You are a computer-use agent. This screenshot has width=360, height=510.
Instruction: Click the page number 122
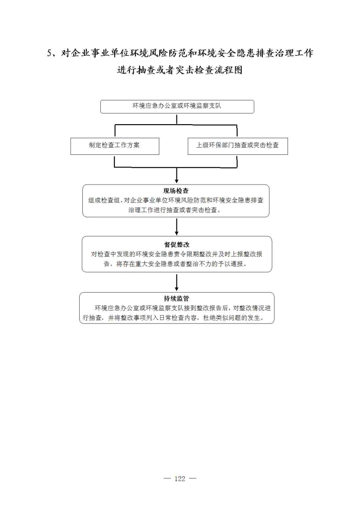click(x=180, y=478)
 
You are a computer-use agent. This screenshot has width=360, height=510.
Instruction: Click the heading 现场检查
click(x=176, y=191)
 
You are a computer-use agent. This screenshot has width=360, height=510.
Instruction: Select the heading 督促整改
click(x=176, y=244)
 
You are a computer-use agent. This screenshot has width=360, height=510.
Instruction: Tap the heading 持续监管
click(x=176, y=298)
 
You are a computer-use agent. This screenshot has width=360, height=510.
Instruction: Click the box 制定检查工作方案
click(x=115, y=146)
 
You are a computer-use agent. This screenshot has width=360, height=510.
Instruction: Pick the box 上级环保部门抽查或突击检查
click(x=238, y=146)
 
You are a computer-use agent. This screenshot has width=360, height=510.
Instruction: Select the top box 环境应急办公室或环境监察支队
click(x=177, y=107)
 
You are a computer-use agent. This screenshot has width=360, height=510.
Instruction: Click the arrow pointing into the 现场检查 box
click(x=176, y=176)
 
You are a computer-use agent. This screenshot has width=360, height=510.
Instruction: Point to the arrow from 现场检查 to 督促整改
click(x=176, y=227)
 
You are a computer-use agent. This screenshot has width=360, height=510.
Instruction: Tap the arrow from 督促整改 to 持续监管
click(x=176, y=283)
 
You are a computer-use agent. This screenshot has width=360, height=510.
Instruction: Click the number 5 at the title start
click(x=49, y=54)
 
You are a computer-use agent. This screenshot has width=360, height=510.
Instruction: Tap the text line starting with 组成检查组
click(x=176, y=200)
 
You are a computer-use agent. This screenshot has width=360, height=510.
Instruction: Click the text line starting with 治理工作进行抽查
click(x=175, y=210)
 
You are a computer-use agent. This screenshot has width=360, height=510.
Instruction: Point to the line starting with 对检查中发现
click(x=176, y=254)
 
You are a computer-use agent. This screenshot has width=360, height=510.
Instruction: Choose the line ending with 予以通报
click(x=175, y=264)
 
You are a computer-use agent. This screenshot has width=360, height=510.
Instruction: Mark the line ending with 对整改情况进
click(x=183, y=308)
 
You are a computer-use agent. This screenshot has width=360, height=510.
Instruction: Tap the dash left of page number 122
click(x=167, y=478)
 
